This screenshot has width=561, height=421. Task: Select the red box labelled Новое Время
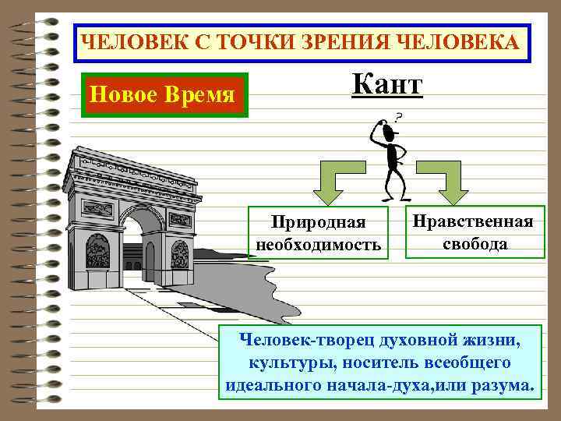click(163, 96)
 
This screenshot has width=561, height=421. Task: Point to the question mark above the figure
click(399, 117)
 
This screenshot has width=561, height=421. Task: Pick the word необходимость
click(319, 246)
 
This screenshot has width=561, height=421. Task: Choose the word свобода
click(475, 243)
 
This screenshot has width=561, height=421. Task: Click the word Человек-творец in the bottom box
click(300, 341)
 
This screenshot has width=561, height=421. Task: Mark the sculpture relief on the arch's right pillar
click(180, 253)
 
